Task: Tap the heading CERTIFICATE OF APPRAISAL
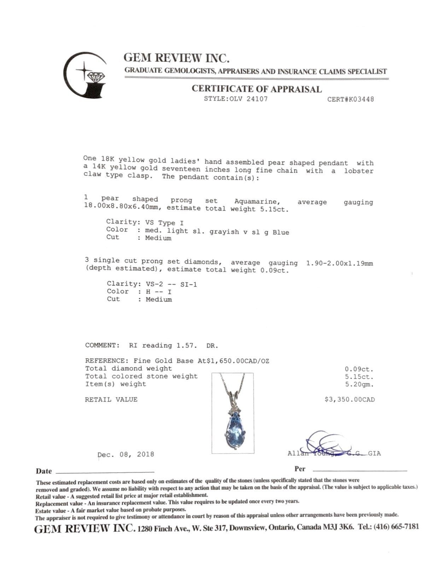click(x=257, y=89)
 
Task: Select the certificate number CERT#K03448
click(x=350, y=99)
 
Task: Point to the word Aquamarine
click(x=257, y=201)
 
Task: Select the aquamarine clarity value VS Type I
click(x=164, y=223)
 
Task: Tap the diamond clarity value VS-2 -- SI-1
click(x=171, y=284)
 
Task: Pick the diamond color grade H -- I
click(x=158, y=292)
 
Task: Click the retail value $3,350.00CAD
click(x=349, y=400)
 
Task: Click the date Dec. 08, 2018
click(x=126, y=454)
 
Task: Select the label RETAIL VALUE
click(x=111, y=400)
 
